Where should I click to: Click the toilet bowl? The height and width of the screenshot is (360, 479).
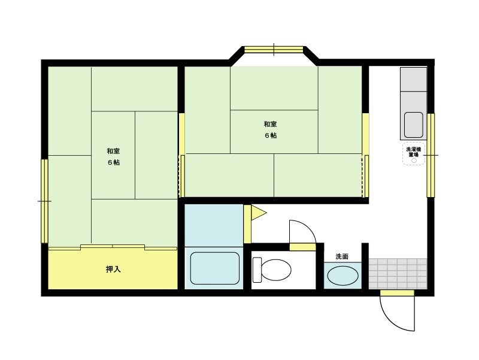click(276, 270)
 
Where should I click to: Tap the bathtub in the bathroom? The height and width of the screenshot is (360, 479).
click(215, 268)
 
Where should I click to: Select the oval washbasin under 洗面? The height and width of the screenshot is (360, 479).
click(342, 276)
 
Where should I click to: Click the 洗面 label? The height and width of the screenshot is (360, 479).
click(342, 256)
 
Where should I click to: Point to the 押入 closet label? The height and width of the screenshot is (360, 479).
click(113, 269)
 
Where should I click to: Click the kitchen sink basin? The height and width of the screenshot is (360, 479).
click(414, 125)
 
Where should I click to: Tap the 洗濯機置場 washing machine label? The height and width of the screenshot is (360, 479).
click(413, 152)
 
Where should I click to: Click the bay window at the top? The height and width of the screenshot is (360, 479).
click(274, 50)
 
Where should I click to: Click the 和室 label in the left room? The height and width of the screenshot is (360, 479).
click(113, 152)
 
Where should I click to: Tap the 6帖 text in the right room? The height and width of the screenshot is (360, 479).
click(271, 136)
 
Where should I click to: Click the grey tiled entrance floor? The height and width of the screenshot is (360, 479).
click(398, 274)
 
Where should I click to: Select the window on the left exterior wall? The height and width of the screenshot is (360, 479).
click(44, 201)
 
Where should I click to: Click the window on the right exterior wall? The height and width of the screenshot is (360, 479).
click(431, 155)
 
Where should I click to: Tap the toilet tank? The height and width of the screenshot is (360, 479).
click(257, 270)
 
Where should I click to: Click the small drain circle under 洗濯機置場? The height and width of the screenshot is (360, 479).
click(414, 161)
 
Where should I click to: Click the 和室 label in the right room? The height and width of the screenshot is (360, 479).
click(271, 125)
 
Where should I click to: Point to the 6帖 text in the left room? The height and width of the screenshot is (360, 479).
click(113, 162)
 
